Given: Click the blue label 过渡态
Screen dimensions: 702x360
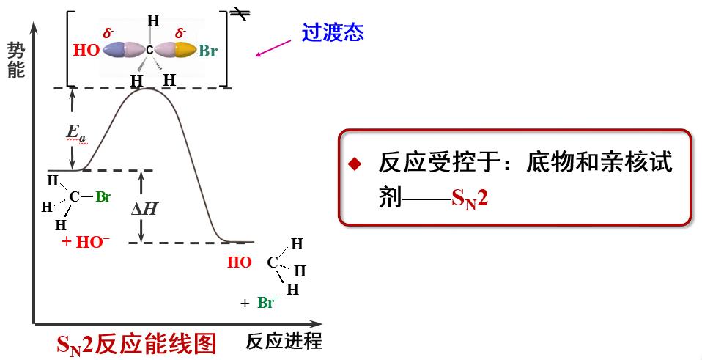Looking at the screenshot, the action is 333,33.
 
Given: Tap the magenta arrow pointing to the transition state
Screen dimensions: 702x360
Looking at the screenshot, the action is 278,47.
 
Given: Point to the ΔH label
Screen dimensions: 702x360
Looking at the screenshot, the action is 144,208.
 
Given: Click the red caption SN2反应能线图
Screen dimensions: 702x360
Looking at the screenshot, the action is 137,343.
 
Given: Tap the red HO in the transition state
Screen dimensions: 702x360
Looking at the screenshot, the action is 86,51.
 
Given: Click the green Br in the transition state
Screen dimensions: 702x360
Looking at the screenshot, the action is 208,52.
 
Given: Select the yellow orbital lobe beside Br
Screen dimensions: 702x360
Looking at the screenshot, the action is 185,50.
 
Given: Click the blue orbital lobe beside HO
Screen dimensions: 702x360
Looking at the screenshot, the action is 115,50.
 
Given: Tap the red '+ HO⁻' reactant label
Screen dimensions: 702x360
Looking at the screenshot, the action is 86,243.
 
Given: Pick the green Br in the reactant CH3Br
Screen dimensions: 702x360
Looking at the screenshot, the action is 103,196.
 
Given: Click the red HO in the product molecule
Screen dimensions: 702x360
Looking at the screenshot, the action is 239,262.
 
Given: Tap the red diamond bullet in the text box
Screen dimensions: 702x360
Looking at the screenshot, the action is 355,164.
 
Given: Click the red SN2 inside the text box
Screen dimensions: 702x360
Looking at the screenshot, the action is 470,199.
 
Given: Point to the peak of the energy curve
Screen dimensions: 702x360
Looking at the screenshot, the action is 150,88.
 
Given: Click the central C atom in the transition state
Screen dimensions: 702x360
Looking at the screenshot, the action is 149,51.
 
